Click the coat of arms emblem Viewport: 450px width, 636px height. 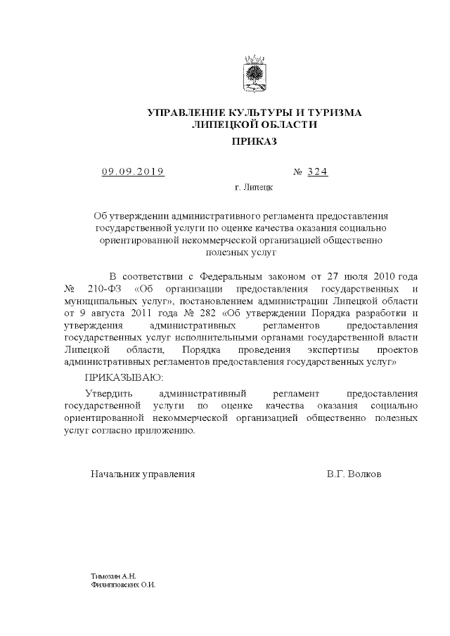[253, 74]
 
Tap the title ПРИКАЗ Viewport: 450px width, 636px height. [254, 141]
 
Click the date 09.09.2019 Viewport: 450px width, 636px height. [132, 171]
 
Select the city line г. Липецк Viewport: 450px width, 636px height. [254, 188]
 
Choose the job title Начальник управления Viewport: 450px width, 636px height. [143, 474]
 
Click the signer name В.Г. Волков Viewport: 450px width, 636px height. [354, 474]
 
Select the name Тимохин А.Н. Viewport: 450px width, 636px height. [108, 576]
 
